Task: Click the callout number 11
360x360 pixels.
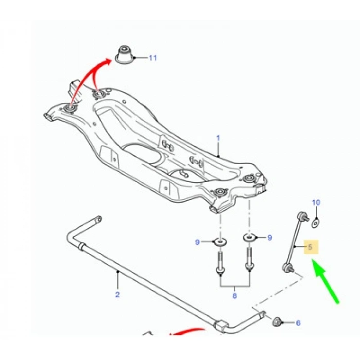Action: coord(152,58)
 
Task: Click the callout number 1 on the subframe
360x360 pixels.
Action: coord(218,138)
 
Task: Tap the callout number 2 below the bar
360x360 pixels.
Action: coord(117,295)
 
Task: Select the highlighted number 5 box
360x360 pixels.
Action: coord(310,247)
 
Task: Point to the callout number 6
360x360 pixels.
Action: coord(297,322)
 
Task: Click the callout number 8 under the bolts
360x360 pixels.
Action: coord(235,296)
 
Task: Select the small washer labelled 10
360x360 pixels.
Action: coord(316,222)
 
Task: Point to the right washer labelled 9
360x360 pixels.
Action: coord(249,237)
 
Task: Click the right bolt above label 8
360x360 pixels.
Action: coord(249,257)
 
